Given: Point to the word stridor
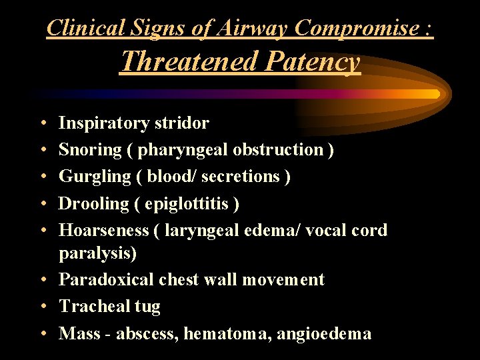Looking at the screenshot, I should [181, 123].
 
